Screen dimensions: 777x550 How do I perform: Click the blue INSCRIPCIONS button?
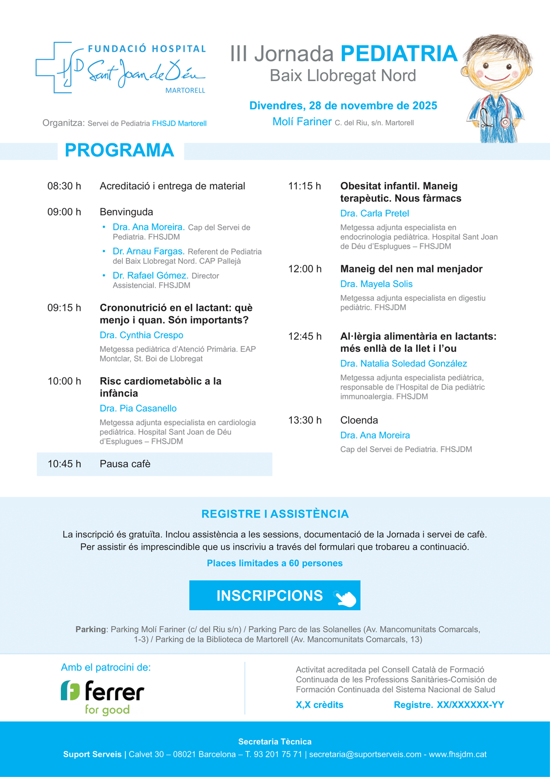click(275, 595)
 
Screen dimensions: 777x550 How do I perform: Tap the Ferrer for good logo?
click(103, 697)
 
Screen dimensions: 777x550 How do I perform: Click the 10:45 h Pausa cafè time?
click(64, 464)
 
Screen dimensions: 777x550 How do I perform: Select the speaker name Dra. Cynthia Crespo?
click(141, 335)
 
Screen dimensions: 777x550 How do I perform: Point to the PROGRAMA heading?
click(119, 150)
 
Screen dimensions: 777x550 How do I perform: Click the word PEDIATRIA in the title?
click(399, 54)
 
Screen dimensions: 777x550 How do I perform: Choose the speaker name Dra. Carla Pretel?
click(374, 213)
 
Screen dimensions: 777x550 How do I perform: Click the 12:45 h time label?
click(305, 336)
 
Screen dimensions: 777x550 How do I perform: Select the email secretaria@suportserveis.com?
click(365, 754)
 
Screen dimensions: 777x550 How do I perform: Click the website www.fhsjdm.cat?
click(457, 754)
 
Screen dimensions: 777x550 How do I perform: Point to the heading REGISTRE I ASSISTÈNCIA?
click(275, 514)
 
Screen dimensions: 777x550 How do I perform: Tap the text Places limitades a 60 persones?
click(275, 563)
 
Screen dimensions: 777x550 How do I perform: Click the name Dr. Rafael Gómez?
click(150, 275)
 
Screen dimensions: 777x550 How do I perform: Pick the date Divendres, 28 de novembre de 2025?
click(343, 106)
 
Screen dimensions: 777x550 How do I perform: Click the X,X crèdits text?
click(319, 705)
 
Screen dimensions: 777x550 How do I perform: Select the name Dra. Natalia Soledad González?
click(403, 364)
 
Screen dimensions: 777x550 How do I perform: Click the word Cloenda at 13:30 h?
click(359, 421)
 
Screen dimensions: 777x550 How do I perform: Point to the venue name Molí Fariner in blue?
click(302, 122)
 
